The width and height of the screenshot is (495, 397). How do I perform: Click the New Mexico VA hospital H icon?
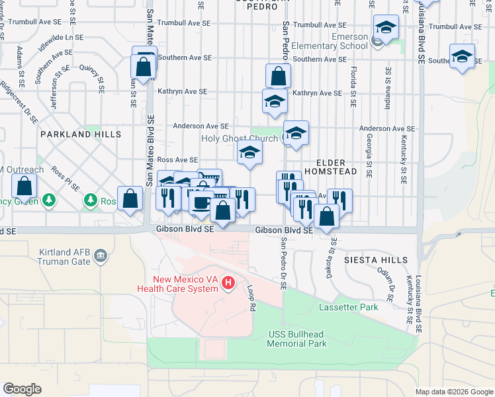click(x=228, y=283)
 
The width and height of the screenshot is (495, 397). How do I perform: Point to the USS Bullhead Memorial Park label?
click(x=297, y=339)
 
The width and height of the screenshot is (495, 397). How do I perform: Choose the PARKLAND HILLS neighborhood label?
click(x=81, y=134)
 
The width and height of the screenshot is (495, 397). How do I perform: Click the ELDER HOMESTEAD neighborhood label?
click(x=336, y=166)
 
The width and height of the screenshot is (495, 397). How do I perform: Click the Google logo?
click(x=22, y=389)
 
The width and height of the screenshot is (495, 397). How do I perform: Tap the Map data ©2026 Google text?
click(x=454, y=392)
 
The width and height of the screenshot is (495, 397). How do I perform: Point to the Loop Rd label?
click(x=251, y=299)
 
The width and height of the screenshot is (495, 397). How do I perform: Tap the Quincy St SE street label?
click(x=92, y=77)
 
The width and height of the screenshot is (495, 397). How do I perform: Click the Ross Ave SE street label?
click(x=177, y=160)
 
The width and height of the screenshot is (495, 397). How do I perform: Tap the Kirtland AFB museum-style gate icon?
click(x=101, y=255)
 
